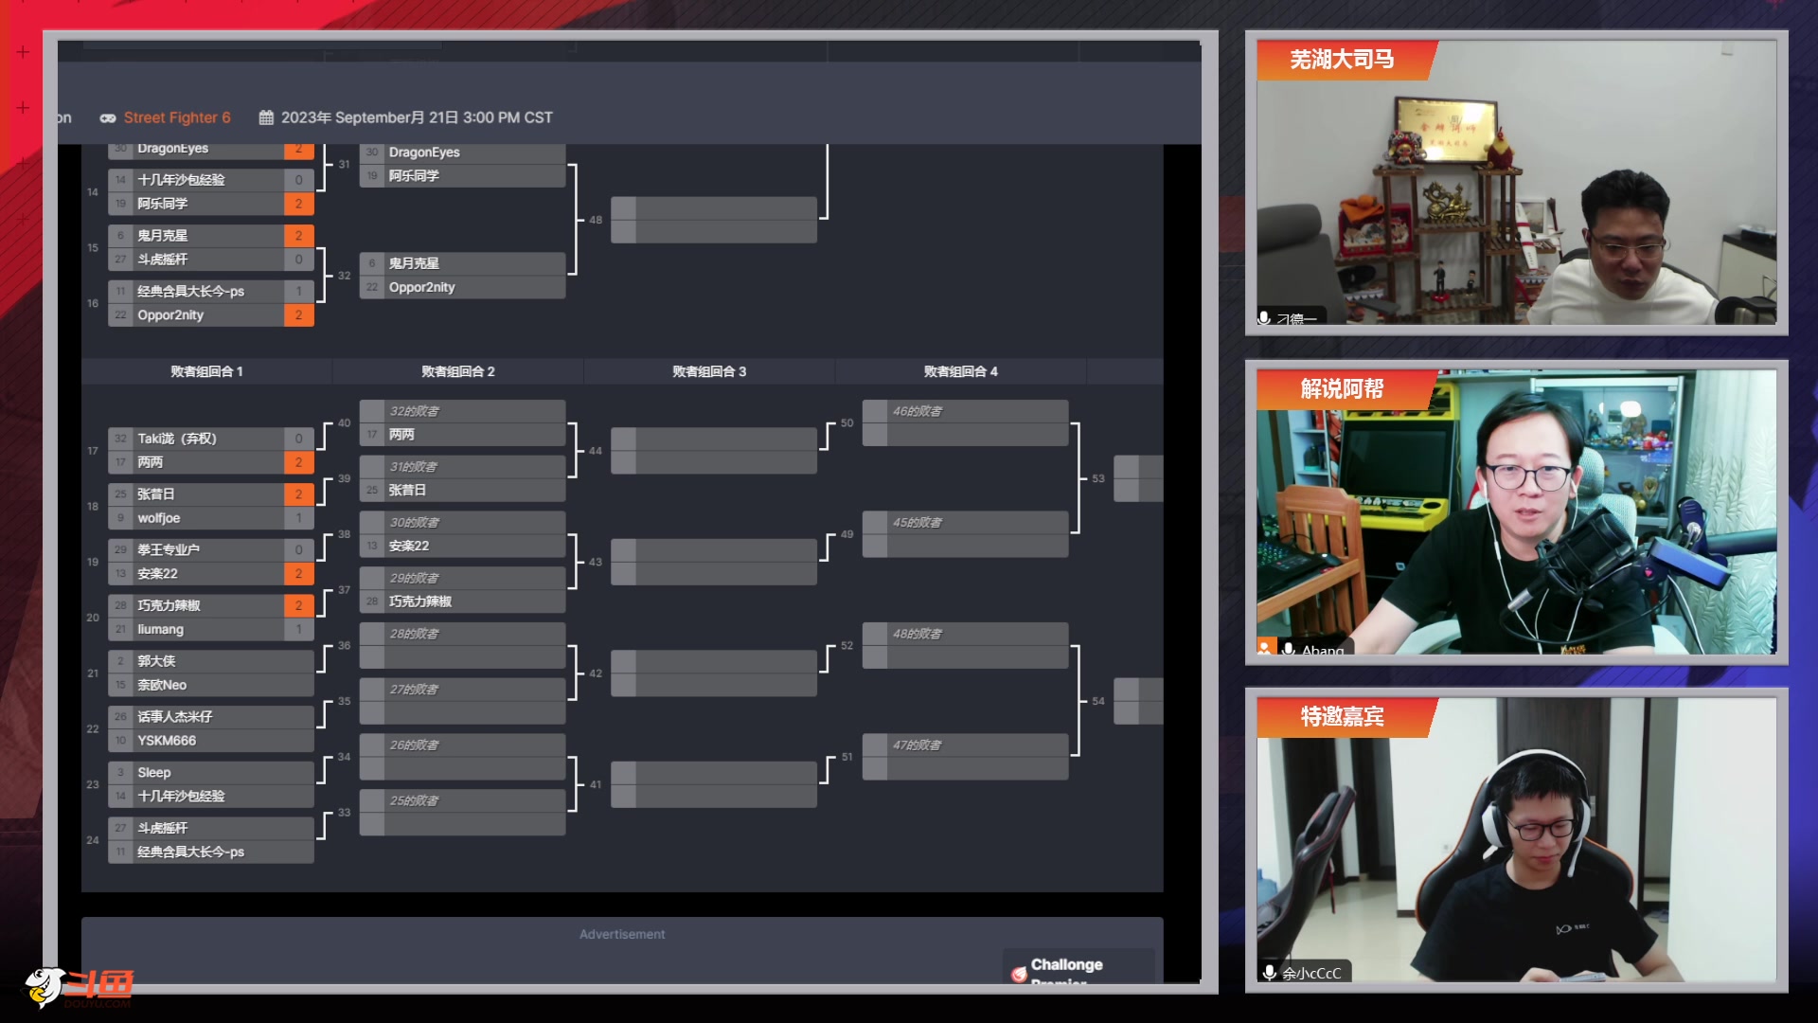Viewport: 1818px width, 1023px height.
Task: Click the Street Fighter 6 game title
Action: pos(177,117)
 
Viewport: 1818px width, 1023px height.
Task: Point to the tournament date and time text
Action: pos(416,117)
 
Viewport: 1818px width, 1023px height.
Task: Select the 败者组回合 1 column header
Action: pos(206,371)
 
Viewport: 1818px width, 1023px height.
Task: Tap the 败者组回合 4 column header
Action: pos(960,371)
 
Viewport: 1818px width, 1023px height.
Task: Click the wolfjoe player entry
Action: pos(159,518)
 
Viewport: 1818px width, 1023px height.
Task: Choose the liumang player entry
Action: pos(161,629)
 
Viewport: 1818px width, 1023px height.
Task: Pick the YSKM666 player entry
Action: pos(167,741)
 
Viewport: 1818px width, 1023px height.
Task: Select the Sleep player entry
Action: pos(154,772)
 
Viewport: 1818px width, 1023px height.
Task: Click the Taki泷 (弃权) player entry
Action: pos(177,439)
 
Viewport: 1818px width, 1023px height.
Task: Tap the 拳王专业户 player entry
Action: pos(169,549)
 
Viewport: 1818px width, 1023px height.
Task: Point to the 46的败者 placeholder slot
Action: pos(918,411)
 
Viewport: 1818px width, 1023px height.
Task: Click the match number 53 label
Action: pos(1098,478)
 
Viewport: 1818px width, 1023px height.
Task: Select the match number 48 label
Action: pos(596,220)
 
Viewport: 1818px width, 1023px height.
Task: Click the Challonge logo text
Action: pos(1066,964)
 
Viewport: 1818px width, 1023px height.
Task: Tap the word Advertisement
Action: pos(622,934)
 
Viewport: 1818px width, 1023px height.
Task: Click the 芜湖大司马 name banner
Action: pos(1342,60)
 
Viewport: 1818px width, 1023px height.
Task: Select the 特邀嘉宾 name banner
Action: pos(1342,717)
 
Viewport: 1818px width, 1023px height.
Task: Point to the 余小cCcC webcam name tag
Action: pos(1311,973)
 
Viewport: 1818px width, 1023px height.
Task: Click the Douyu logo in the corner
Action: pos(80,986)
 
